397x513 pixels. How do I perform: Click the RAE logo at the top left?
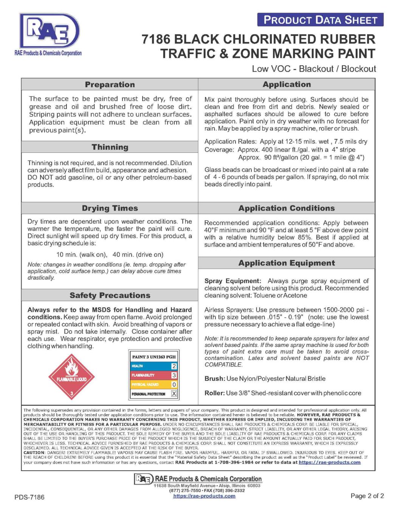(49, 32)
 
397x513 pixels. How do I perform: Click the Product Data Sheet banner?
(320, 20)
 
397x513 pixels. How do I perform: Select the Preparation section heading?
(110, 85)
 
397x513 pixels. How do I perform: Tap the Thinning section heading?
(110, 147)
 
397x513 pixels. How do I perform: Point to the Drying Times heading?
(110, 208)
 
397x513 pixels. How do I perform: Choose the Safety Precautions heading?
(110, 296)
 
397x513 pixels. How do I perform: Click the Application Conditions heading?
(287, 208)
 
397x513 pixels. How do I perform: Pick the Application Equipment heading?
(287, 263)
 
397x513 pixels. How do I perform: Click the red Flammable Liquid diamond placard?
(71, 377)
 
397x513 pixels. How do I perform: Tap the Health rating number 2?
(174, 366)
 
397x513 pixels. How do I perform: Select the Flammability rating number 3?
(174, 375)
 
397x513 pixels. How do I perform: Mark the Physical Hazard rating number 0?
(174, 384)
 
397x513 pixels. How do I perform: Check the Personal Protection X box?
(174, 394)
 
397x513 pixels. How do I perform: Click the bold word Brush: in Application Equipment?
(215, 379)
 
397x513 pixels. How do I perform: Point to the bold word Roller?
(214, 393)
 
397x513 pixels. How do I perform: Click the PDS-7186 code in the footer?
(29, 497)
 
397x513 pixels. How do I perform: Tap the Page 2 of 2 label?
(367, 496)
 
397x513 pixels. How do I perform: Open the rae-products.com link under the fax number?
(204, 496)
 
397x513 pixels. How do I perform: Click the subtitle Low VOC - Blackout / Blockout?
(314, 69)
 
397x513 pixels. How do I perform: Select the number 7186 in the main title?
(156, 39)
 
